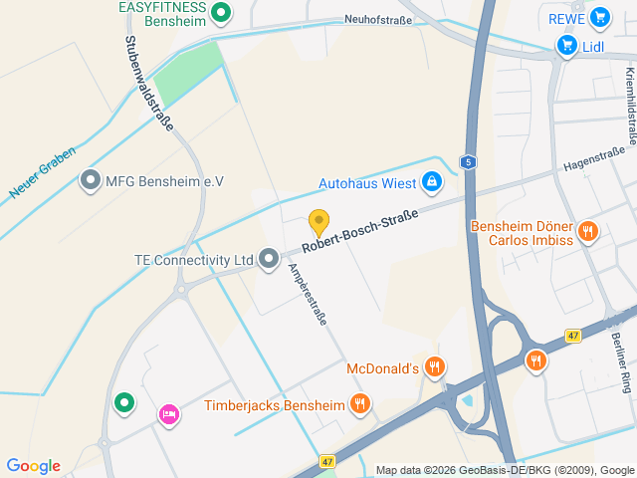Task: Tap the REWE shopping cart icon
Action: coord(599,17)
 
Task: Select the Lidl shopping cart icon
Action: coord(566,45)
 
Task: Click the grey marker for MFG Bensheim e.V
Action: coord(91,180)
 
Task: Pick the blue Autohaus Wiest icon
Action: coord(432,182)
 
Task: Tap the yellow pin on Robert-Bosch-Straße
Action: coord(318,222)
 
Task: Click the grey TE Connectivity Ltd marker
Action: coord(268,260)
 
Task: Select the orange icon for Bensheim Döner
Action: coord(588,232)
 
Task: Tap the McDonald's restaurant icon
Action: coord(434,368)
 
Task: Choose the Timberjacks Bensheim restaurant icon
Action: coord(360,404)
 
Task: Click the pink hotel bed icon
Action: coord(168,413)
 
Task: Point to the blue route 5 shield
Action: coord(468,161)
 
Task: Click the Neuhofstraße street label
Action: coord(377,19)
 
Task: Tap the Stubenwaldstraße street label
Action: coord(149,84)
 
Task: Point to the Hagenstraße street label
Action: coord(593,157)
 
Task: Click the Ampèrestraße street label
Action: coord(307,296)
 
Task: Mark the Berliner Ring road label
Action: coord(620,358)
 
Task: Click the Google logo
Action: coord(33,466)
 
